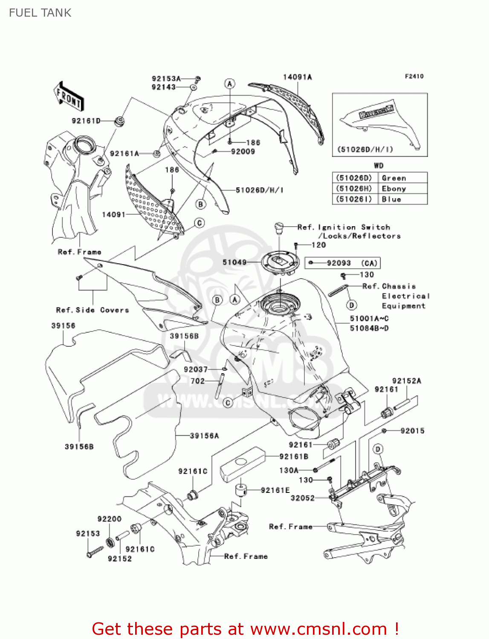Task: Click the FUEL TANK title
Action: click(x=40, y=13)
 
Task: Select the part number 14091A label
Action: click(x=297, y=77)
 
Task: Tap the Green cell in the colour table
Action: click(x=394, y=178)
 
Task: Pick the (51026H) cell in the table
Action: click(x=354, y=188)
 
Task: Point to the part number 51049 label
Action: click(x=234, y=262)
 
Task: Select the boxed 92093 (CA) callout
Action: click(x=343, y=263)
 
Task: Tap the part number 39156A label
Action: click(x=204, y=436)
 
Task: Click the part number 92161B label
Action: click(x=294, y=457)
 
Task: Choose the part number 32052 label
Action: click(x=302, y=498)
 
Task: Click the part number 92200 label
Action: click(x=110, y=519)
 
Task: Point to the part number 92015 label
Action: click(x=413, y=431)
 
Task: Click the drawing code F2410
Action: click(x=414, y=76)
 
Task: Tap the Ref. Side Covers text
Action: click(x=93, y=310)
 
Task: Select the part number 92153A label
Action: click(x=166, y=78)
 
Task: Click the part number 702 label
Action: click(x=197, y=381)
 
